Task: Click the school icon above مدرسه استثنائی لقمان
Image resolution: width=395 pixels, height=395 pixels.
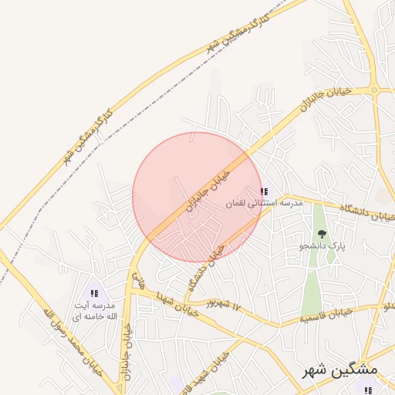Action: pyautogui.click(x=264, y=191)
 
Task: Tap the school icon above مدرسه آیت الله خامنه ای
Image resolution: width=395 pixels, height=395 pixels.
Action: pyautogui.click(x=94, y=293)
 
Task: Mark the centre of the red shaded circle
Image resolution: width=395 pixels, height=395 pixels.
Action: pyautogui.click(x=197, y=197)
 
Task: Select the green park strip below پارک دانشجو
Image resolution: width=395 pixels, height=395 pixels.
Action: pyautogui.click(x=311, y=285)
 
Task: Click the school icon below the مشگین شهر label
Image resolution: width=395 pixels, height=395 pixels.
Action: pyautogui.click(x=368, y=390)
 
